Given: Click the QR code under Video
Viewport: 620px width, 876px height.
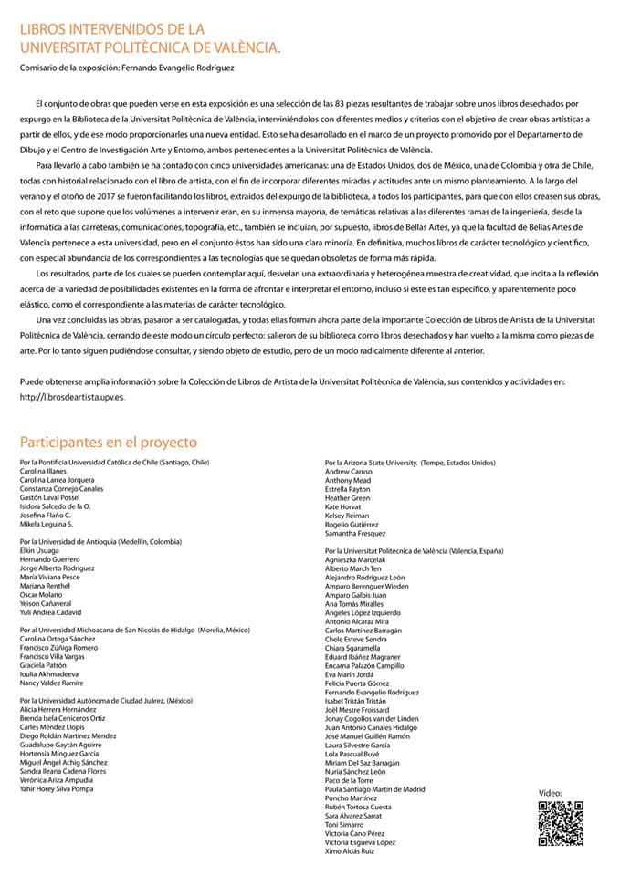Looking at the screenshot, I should [560, 822].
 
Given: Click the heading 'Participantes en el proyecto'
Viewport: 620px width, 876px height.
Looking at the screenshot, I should [109, 443].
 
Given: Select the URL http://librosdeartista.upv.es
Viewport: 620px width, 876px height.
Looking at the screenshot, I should [74, 397].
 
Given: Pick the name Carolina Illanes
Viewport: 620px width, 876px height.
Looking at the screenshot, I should [47, 472].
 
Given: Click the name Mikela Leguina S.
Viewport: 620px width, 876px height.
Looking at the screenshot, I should [47, 525].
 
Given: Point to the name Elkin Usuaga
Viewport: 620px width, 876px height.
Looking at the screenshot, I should [40, 551].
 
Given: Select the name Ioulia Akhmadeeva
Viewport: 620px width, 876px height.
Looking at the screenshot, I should [52, 673].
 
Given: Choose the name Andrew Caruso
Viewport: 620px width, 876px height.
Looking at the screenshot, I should [349, 472].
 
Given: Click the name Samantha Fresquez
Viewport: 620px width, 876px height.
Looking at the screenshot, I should [355, 533].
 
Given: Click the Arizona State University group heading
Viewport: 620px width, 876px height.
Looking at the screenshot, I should [410, 463].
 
